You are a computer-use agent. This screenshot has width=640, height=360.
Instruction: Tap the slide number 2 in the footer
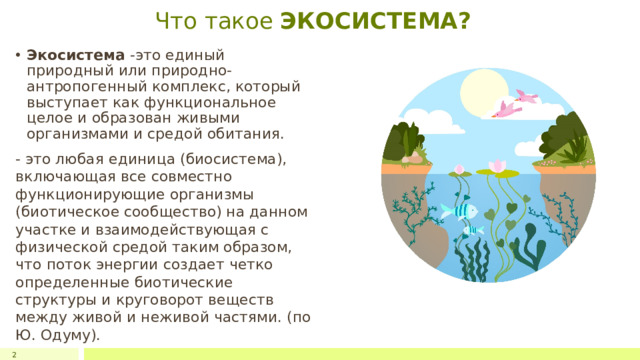(x=14, y=354)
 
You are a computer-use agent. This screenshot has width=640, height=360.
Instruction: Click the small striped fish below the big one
(x=473, y=232)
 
